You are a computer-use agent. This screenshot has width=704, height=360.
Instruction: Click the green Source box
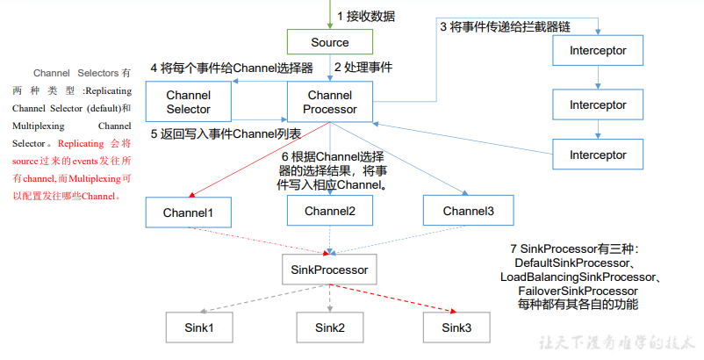[330, 42]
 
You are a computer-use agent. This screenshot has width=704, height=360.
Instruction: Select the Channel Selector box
[189, 102]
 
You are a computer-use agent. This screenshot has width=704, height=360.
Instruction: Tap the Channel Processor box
[330, 102]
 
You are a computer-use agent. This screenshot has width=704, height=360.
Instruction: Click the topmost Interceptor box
[598, 50]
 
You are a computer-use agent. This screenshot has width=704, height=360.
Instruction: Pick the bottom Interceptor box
[598, 155]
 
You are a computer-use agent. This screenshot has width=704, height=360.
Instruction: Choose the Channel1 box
[189, 212]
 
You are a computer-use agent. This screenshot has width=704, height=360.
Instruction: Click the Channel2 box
[330, 211]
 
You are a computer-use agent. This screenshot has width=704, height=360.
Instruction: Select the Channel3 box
[468, 211]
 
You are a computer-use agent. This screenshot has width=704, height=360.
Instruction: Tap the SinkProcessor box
[329, 270]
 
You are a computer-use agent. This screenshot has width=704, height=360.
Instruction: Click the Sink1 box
[199, 328]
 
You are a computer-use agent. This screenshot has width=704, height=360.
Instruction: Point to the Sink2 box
[330, 328]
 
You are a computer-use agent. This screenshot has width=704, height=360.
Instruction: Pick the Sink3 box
[456, 328]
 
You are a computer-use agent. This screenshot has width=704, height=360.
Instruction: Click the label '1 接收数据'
[366, 17]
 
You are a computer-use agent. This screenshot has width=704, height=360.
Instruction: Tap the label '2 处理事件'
[363, 68]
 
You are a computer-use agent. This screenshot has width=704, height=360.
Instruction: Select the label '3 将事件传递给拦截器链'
[505, 27]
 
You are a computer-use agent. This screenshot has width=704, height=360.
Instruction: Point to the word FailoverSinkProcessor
[578, 291]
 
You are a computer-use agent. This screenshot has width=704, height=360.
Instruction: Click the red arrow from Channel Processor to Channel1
[260, 159]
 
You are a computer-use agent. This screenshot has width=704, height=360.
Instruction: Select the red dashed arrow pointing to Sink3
[393, 298]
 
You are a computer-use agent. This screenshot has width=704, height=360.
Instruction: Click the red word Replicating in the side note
[81, 144]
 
